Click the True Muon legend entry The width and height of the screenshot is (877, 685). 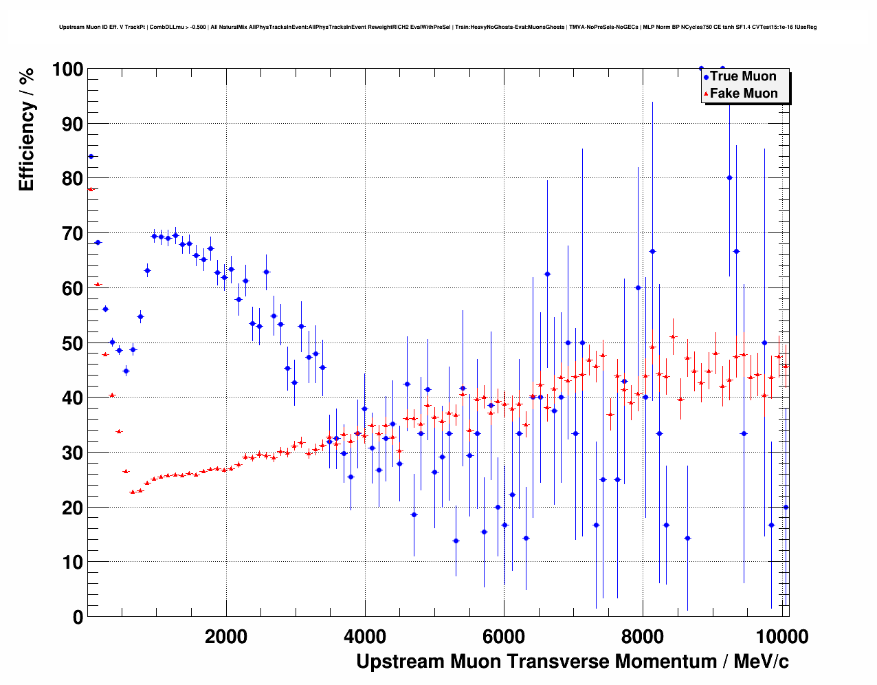point(743,76)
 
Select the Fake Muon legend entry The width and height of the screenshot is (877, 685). point(744,94)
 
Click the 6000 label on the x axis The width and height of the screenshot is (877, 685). point(504,637)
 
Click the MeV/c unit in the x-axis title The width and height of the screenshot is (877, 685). point(761,662)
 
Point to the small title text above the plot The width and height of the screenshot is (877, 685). point(438,27)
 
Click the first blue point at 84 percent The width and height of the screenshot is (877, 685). point(91,156)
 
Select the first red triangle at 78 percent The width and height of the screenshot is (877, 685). point(91,189)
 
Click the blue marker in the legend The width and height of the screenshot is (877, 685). point(706,77)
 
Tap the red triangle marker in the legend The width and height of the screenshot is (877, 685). point(706,94)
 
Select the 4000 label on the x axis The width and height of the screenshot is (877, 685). point(365,637)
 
